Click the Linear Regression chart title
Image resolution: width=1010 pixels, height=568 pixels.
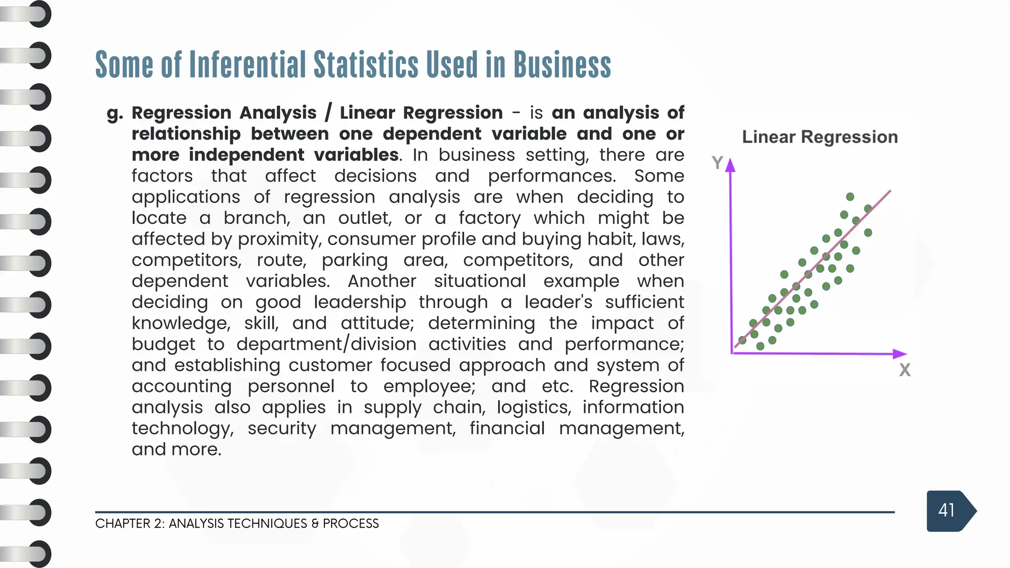(820, 137)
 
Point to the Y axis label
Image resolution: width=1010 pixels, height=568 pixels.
(717, 162)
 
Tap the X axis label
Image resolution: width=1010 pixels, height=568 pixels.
(904, 370)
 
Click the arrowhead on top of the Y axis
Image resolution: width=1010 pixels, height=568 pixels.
(730, 165)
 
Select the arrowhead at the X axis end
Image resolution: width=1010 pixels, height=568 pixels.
(900, 354)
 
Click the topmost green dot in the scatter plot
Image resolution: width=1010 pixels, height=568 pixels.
(850, 197)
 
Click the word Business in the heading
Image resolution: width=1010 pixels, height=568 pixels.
(562, 65)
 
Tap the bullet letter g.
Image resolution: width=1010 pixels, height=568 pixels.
(114, 113)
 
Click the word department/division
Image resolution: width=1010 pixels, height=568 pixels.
(326, 344)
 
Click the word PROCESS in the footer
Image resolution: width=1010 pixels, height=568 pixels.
(351, 524)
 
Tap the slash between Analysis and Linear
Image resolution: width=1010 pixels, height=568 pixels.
(328, 112)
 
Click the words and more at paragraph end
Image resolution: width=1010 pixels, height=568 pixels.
(176, 450)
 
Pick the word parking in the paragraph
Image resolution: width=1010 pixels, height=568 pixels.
(355, 261)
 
